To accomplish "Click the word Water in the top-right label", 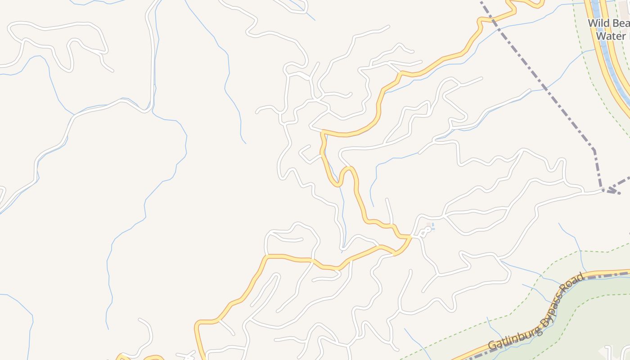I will click(x=610, y=36).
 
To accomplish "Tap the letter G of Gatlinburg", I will click(x=492, y=346).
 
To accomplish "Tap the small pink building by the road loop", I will click(x=428, y=225).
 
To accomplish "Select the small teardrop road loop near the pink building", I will click(x=424, y=231).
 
